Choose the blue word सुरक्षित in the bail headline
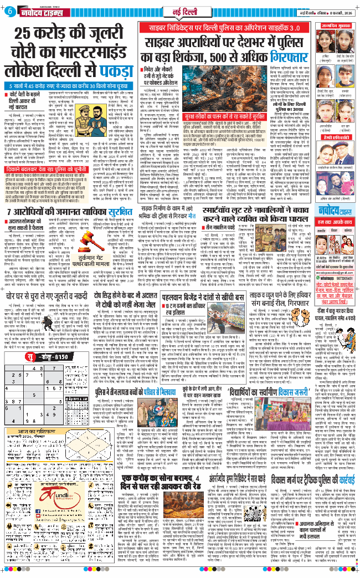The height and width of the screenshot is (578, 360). point(119,193)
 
